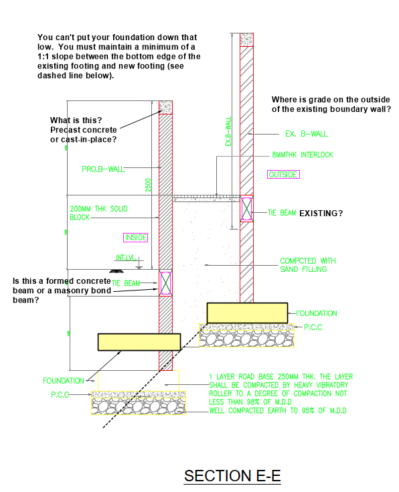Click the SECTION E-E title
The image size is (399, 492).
tap(232, 476)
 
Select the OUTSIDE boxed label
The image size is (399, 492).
tap(283, 175)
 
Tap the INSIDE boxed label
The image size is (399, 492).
tap(135, 238)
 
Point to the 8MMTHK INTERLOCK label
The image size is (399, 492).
tap(302, 155)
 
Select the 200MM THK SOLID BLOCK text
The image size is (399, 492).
tap(98, 214)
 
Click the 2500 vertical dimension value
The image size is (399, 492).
tap(149, 185)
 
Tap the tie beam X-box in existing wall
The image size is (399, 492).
tap(247, 209)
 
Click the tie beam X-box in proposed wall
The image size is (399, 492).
tap(166, 282)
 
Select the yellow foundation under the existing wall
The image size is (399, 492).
tap(247, 313)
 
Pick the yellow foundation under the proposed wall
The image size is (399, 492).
tap(139, 341)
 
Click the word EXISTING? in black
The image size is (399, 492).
tap(321, 214)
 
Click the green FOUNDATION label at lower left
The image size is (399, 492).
tap(64, 380)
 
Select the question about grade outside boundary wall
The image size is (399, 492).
tap(331, 104)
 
